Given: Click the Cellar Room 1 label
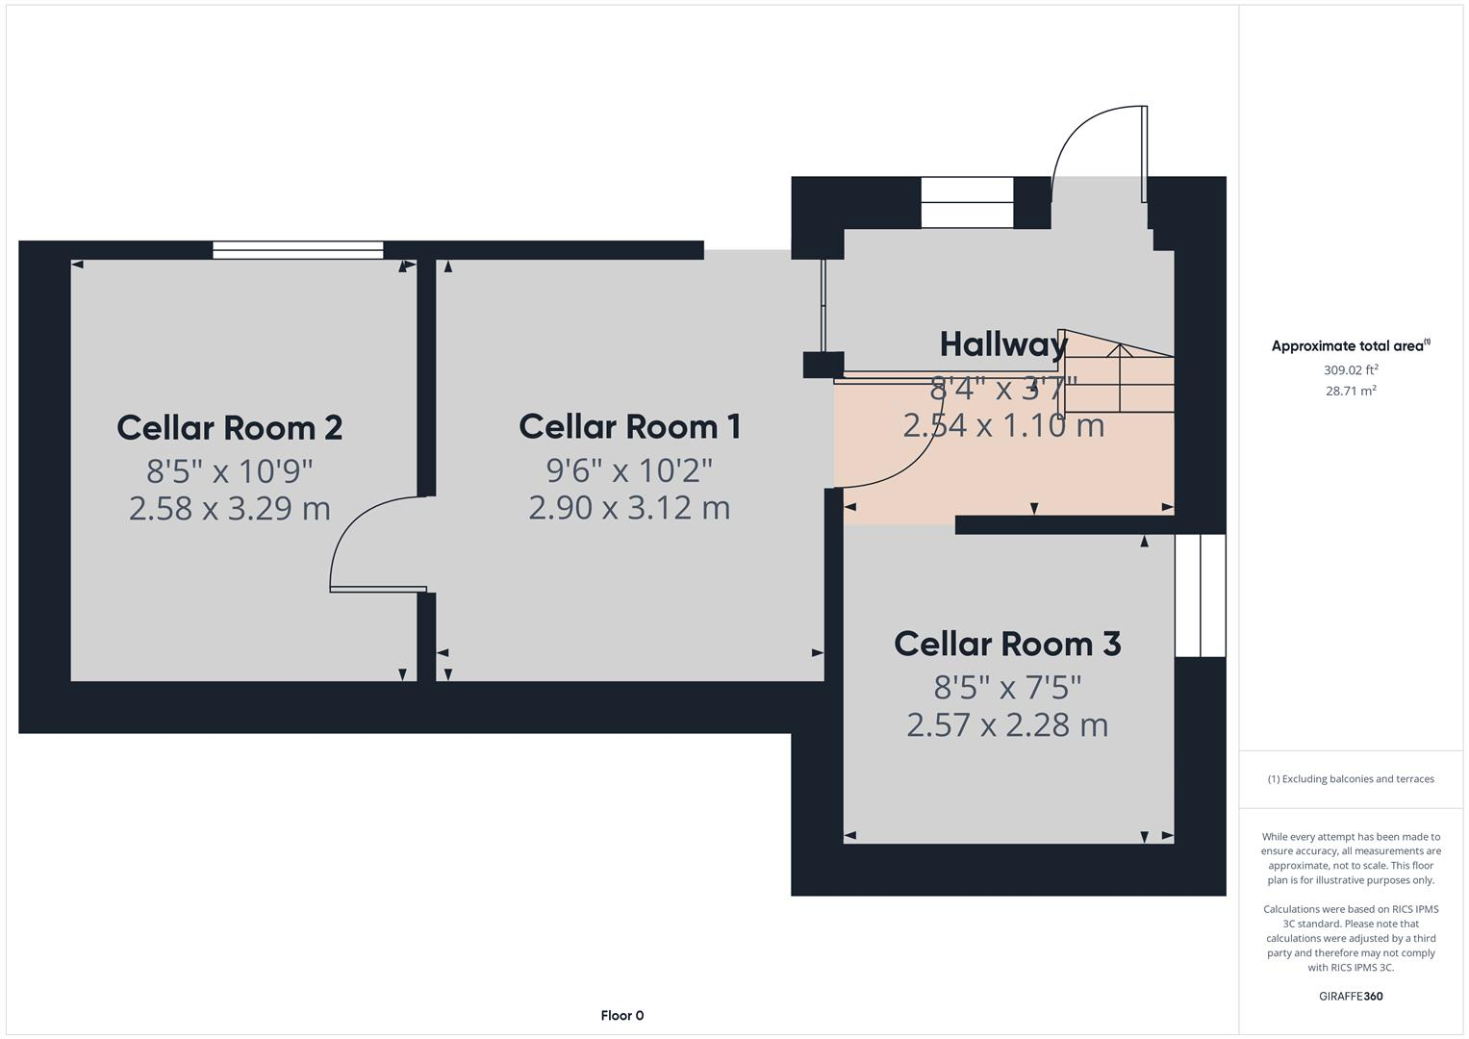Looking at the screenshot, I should pyautogui.click(x=630, y=427).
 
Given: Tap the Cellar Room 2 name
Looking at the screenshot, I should pyautogui.click(x=229, y=428).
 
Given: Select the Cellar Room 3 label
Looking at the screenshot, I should pyautogui.click(x=1007, y=644).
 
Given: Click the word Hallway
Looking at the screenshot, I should pyautogui.click(x=1003, y=344).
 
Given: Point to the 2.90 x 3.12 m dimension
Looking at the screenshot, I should pyautogui.click(x=629, y=507).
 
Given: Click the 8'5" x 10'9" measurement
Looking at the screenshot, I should pyautogui.click(x=230, y=471).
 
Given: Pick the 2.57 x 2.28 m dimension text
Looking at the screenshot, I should pyautogui.click(x=1007, y=724).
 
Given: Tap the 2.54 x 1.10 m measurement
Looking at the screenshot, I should pyautogui.click(x=1003, y=424).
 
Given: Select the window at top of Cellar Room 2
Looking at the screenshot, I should pyautogui.click(x=297, y=250).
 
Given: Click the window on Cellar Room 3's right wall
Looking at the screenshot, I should pyautogui.click(x=1200, y=596).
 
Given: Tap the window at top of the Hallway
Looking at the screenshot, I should pyautogui.click(x=967, y=202).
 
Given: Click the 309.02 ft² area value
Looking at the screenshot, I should pyautogui.click(x=1351, y=369).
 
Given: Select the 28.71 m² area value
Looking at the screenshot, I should pyautogui.click(x=1351, y=391).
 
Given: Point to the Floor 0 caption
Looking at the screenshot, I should pyautogui.click(x=621, y=1015).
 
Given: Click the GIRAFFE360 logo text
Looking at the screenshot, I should pyautogui.click(x=1351, y=996).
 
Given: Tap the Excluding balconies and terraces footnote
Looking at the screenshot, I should pyautogui.click(x=1351, y=778).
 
